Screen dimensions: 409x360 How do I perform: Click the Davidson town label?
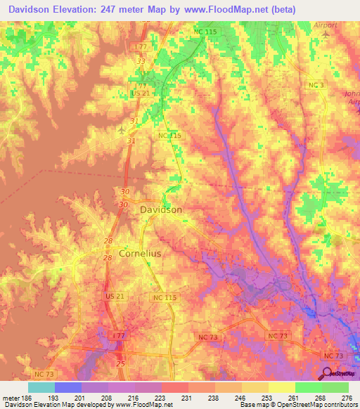point(161,209)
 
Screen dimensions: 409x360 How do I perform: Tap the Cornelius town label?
point(140,253)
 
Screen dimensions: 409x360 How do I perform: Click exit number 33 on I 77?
point(141,61)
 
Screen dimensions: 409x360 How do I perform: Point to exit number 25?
point(120,363)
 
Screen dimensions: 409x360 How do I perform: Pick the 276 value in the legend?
point(347,398)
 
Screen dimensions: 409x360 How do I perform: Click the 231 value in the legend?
point(186,398)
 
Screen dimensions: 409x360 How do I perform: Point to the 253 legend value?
point(267,398)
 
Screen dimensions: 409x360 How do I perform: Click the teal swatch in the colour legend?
point(41,387)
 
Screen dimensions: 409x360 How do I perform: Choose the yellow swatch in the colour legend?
point(281,387)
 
